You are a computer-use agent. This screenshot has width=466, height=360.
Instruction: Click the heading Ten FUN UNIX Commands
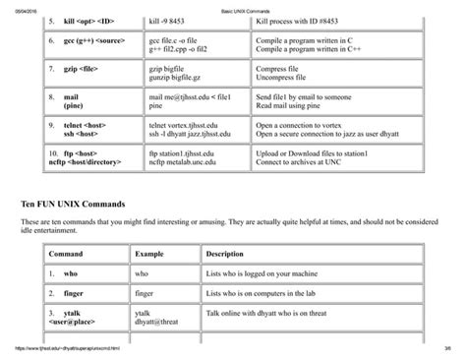[x=80, y=203]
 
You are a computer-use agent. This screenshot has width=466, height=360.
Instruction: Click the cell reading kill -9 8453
[x=169, y=21]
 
